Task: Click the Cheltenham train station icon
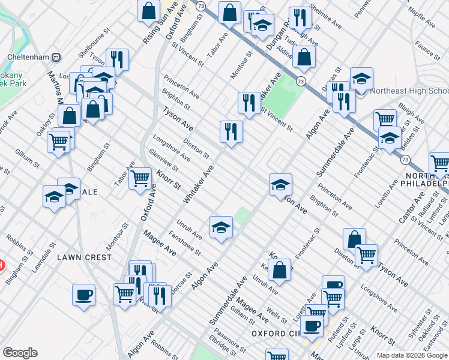(55, 58)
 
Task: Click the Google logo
(20, 353)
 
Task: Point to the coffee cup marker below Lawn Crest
(84, 295)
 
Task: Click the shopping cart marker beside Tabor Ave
(140, 178)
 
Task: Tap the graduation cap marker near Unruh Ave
(221, 227)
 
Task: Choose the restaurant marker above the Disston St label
(231, 131)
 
